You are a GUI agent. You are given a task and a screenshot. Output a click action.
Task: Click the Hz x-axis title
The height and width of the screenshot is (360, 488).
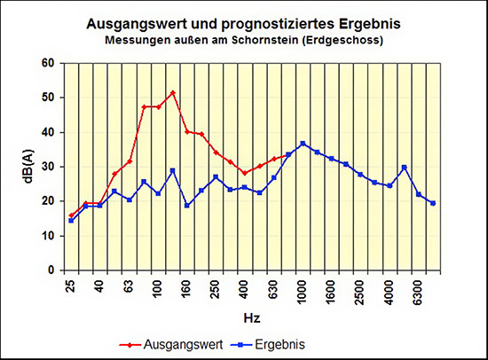(252, 316)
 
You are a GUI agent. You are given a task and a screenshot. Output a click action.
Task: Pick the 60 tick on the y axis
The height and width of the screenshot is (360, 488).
(49, 63)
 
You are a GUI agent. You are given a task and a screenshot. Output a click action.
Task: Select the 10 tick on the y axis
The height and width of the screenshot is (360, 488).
(49, 236)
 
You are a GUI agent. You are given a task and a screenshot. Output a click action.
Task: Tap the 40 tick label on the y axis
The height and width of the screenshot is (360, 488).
(49, 132)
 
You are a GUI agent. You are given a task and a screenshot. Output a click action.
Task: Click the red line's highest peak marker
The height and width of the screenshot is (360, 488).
(172, 92)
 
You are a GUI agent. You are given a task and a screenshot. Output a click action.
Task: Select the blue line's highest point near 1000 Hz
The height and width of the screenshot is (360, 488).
(303, 143)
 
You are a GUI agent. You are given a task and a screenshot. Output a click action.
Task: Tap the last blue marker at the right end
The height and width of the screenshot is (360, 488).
(432, 203)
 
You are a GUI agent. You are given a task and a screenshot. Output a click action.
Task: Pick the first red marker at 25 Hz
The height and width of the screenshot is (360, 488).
(71, 215)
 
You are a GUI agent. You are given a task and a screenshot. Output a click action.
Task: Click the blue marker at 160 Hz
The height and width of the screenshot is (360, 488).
(187, 206)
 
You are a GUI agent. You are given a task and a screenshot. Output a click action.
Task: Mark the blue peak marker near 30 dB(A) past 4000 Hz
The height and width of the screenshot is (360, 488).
(404, 167)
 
